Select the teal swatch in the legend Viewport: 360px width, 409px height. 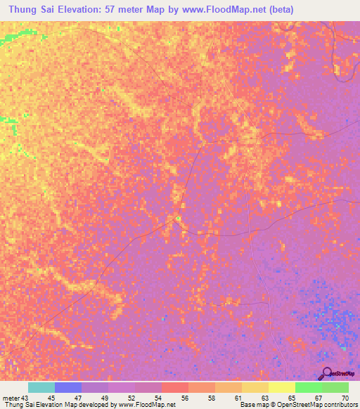(41, 387)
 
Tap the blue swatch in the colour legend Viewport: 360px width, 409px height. (68, 387)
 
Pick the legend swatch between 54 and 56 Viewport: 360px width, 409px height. (175, 387)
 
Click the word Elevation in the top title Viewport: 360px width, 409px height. (77, 10)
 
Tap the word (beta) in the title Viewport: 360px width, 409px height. (276, 10)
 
